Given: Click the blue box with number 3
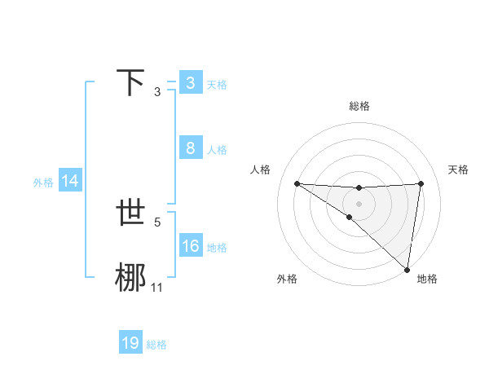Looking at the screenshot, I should [190, 83].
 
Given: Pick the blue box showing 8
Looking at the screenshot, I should [190, 148].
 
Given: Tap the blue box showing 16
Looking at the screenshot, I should [190, 246].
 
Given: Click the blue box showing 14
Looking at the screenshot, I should [70, 182].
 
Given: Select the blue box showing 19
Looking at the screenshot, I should [130, 343].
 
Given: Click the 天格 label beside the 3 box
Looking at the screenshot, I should [217, 84].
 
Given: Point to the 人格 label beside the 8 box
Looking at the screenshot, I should [217, 149].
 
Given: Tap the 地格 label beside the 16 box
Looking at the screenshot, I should [217, 247].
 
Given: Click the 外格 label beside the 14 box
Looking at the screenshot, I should [43, 183].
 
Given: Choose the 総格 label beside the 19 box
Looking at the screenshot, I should [156, 344].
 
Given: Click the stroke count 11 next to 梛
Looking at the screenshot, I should [156, 287].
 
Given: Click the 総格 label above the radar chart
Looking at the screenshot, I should [359, 106].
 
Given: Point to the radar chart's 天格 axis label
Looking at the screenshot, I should [459, 169].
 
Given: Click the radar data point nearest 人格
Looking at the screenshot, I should [297, 183].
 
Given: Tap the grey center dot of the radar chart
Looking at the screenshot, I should [359, 202].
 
